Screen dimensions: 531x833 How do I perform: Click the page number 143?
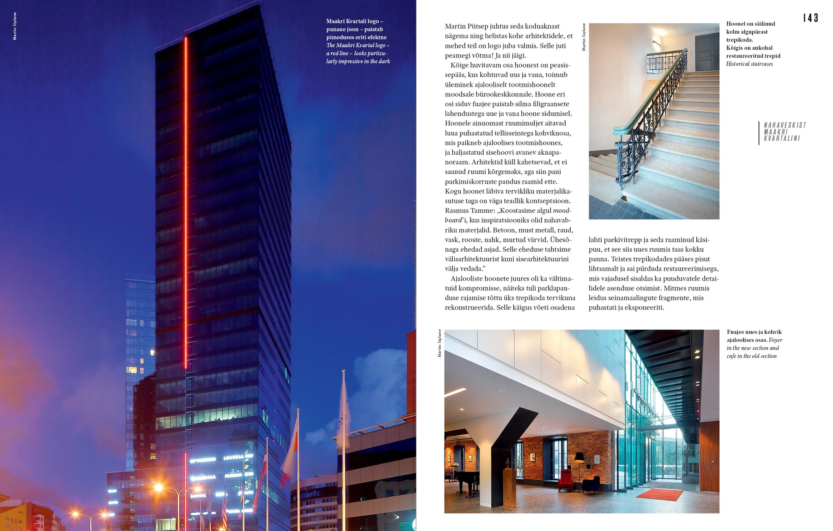810,18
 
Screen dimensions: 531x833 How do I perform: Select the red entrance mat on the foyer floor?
659,495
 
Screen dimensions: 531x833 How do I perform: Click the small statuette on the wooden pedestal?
508,463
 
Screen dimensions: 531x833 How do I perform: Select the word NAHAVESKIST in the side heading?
785,125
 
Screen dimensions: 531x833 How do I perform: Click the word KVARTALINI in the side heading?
782,138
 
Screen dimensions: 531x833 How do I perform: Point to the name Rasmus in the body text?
457,211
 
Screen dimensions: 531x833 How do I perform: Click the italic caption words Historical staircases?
749,64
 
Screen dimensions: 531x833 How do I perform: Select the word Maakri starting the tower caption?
335,21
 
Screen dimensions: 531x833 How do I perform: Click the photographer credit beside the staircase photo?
584,37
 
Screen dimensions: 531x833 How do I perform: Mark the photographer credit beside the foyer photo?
439,343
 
